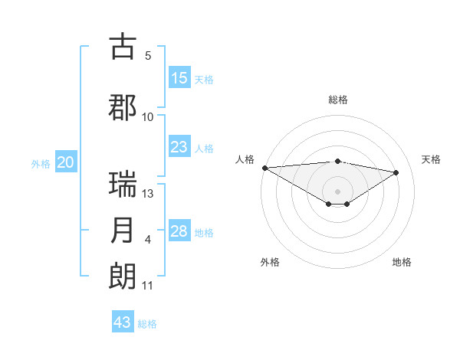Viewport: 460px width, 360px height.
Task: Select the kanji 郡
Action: [123, 107]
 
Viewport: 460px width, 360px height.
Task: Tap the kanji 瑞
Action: [123, 185]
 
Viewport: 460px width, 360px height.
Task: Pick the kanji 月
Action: [123, 231]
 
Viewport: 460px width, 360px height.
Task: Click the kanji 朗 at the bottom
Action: [123, 277]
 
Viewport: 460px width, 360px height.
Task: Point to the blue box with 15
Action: [179, 78]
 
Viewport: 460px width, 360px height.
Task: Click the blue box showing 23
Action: [179, 147]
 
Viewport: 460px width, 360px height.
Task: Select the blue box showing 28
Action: [179, 231]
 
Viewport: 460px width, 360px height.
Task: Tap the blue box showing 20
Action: [66, 162]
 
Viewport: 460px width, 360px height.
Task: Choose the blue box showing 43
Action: [123, 322]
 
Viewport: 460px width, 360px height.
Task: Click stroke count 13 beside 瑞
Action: [149, 193]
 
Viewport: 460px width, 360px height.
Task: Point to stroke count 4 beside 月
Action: [148, 240]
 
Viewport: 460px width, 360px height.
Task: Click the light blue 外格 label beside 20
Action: [41, 163]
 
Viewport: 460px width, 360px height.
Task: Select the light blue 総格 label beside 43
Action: [147, 323]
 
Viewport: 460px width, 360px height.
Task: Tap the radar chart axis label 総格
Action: [337, 100]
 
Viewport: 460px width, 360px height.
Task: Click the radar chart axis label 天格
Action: [432, 159]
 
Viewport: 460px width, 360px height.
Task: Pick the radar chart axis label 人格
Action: [245, 159]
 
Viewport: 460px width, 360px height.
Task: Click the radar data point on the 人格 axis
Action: [264, 167]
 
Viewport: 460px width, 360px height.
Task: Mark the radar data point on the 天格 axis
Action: [396, 172]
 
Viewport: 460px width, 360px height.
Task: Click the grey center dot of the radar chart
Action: [337, 190]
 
